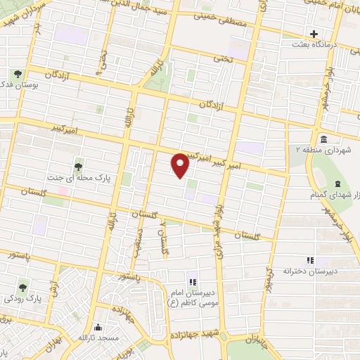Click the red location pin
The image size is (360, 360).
[181, 165]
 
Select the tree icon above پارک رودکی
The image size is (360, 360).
[23, 287]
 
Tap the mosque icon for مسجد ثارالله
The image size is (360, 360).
[96, 328]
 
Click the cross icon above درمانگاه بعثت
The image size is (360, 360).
[314, 33]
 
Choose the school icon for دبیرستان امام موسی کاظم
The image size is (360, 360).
[191, 274]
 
